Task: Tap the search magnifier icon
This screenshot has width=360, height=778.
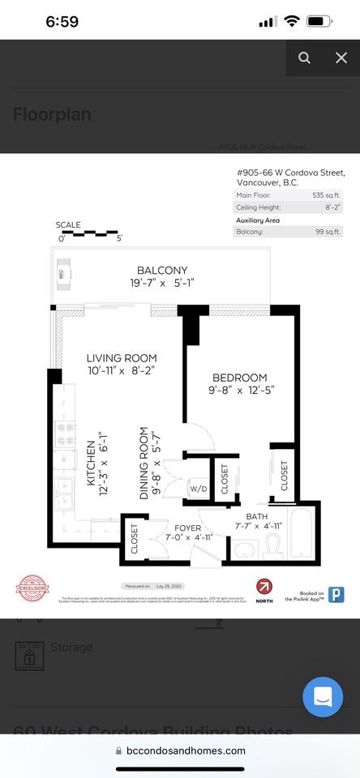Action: [x=304, y=58]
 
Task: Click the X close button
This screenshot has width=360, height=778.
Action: [x=341, y=58]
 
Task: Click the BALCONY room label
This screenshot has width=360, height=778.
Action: [x=162, y=271]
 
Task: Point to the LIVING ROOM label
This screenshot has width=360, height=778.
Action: [x=122, y=358]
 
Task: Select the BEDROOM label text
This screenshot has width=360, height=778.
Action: [x=240, y=378]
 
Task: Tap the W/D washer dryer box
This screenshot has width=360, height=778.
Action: [x=198, y=489]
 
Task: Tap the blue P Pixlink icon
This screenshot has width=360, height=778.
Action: [x=336, y=594]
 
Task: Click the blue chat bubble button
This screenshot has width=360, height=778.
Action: [x=323, y=697]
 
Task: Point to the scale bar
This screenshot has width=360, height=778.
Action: [x=89, y=233]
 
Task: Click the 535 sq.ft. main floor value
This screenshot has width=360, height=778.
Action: [x=328, y=195]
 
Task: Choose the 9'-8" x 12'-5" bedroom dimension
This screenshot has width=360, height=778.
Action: [x=240, y=391]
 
